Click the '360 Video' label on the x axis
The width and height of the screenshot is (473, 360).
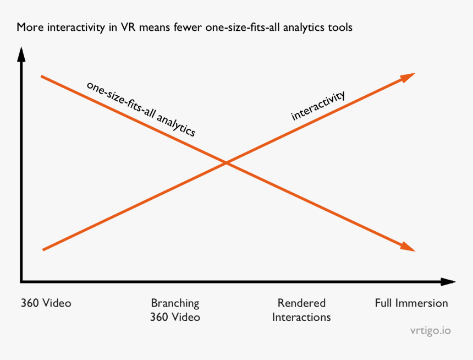click(46, 303)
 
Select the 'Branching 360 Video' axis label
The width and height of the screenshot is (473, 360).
click(175, 310)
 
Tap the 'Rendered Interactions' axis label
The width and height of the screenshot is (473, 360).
click(301, 310)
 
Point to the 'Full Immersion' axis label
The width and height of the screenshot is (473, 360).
click(411, 303)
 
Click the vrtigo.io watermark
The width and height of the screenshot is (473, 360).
click(430, 331)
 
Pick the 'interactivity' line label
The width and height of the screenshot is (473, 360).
click(318, 105)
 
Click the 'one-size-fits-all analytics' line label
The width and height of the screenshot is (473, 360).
click(141, 109)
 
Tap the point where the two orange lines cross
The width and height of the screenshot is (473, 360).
click(226, 162)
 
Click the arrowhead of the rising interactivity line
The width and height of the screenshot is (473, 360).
click(408, 77)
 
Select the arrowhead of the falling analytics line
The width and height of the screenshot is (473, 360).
click(408, 247)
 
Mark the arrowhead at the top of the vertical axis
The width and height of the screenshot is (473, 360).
click(21, 54)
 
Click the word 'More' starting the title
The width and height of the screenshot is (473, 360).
click(28, 27)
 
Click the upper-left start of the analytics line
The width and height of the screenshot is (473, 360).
click(42, 76)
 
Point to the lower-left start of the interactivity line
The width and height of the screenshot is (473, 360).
click(43, 250)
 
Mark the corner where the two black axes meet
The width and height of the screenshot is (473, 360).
click(21, 282)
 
